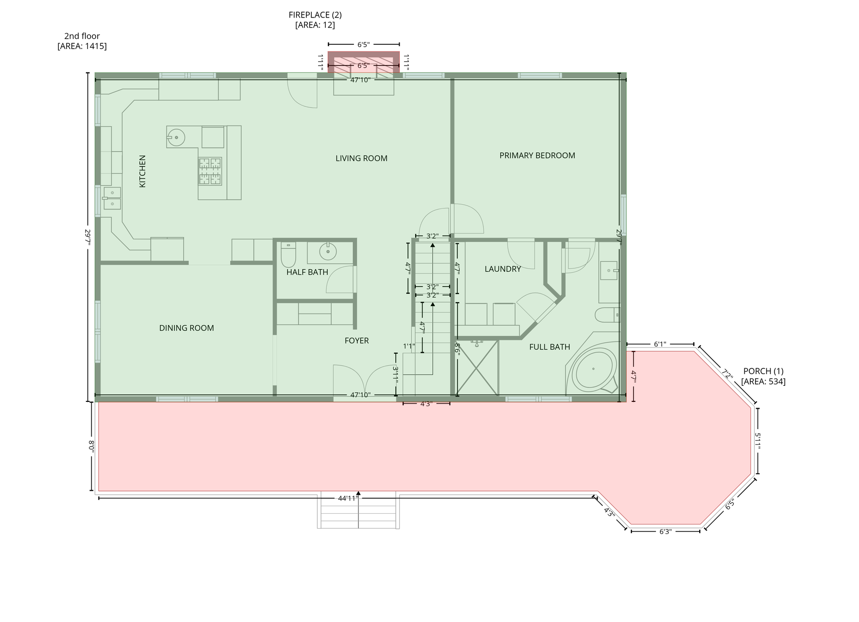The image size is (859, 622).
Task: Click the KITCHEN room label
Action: tap(142, 172)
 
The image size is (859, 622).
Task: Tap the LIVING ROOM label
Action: tap(361, 158)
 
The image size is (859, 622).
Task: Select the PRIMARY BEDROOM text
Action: tap(537, 155)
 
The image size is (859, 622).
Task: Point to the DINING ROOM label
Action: tap(186, 328)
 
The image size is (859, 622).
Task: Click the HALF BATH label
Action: tap(307, 272)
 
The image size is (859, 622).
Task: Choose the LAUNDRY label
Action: tap(503, 269)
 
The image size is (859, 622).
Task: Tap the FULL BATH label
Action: tap(549, 347)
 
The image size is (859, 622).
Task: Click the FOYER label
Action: tap(356, 341)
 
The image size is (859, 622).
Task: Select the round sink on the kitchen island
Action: tap(176, 138)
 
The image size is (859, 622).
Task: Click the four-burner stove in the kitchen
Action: tap(210, 171)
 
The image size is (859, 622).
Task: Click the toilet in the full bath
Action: tap(607, 315)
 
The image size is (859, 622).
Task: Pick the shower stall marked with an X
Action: tap(477, 367)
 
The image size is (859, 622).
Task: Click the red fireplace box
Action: tap(364, 62)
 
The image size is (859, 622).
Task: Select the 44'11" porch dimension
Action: tap(348, 498)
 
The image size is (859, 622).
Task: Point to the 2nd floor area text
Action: tap(82, 41)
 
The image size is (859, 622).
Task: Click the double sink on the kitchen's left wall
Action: tap(112, 198)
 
